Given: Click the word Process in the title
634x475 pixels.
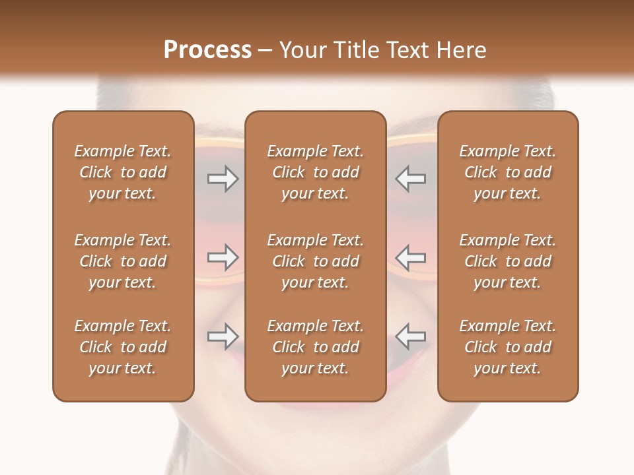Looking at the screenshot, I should pos(207,50).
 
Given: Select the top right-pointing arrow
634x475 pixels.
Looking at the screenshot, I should pos(223,179).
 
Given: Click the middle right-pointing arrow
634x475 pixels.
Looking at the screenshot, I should pos(223,257).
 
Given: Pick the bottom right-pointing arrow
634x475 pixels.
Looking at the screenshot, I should pos(223,336).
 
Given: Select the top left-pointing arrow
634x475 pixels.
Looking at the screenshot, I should pos(410,179).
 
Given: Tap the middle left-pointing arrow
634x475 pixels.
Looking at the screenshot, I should pos(410,257).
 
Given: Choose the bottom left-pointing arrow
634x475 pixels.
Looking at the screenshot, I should pos(410,336).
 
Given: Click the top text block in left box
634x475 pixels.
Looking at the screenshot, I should pos(123,172).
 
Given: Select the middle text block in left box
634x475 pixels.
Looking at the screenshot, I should pos(123,261).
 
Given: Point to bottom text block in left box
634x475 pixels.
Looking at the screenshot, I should pos(123,347).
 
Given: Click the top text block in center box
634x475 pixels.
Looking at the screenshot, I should pos(315,172).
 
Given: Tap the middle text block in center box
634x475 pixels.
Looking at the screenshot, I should pos(315,261).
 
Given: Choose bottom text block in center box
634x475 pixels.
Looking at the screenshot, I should pos(315,347).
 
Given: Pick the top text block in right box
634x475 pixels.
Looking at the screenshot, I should pos(508,172).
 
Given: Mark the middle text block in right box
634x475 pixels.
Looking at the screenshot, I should pos(508,261).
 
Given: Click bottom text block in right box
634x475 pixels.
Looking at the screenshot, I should pos(508,347).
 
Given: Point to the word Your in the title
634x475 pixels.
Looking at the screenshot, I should pos(301,50).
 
